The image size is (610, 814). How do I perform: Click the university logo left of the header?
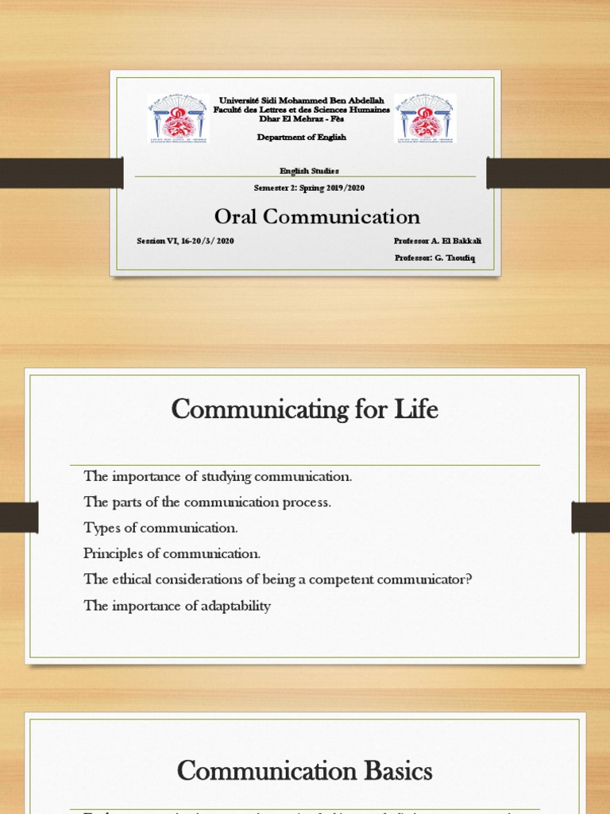click(x=178, y=119)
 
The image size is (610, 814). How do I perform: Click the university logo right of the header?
click(x=425, y=119)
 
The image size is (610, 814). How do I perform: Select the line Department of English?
click(x=302, y=138)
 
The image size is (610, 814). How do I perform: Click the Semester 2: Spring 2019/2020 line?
click(x=309, y=188)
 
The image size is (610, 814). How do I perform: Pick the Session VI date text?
click(x=186, y=240)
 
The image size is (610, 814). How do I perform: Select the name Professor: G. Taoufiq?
click(x=434, y=258)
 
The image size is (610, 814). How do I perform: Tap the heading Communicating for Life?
click(x=305, y=410)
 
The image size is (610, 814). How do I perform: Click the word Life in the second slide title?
click(x=417, y=410)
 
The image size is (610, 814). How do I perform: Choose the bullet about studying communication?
click(x=218, y=476)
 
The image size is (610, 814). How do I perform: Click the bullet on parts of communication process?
click(x=207, y=502)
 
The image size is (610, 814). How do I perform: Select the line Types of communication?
click(x=160, y=528)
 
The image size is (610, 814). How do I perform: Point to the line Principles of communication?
click(x=172, y=553)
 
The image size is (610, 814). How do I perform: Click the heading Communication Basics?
click(x=305, y=770)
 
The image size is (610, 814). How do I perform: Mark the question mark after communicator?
click(x=469, y=579)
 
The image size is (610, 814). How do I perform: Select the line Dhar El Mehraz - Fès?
click(x=301, y=119)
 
